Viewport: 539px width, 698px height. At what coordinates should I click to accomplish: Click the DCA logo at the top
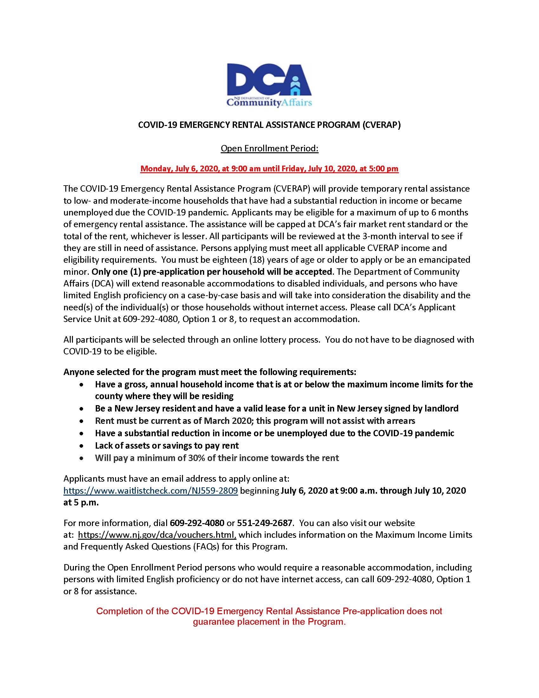(269, 85)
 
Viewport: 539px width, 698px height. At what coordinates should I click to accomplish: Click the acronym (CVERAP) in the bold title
(381, 125)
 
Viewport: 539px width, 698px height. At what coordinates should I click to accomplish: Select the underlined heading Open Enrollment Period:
(269, 148)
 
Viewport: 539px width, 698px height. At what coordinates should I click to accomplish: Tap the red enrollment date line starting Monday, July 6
(269, 169)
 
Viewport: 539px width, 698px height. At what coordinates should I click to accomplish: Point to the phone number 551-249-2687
(264, 523)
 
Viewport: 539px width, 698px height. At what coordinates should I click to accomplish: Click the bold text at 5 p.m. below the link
(81, 503)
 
